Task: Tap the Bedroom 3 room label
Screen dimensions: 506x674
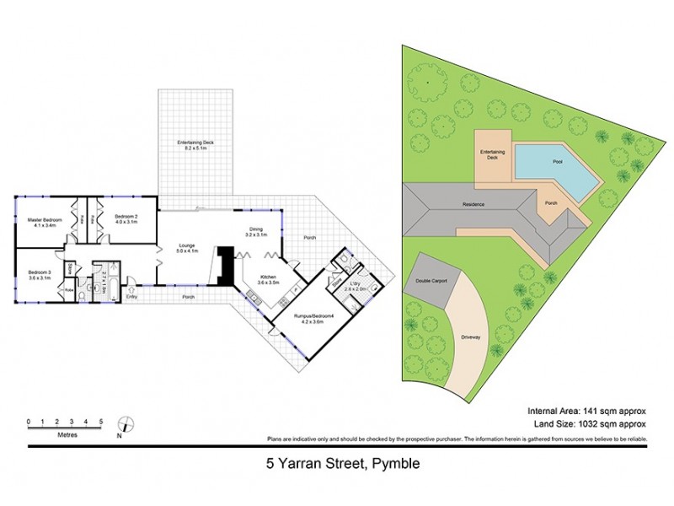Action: (39, 274)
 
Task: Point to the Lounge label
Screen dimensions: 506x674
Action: (186, 247)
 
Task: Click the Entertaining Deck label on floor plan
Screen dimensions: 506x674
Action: (195, 145)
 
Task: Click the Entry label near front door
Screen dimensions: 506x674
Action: (131, 297)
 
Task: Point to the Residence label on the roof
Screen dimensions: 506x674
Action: (472, 205)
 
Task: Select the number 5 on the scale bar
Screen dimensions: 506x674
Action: (101, 420)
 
